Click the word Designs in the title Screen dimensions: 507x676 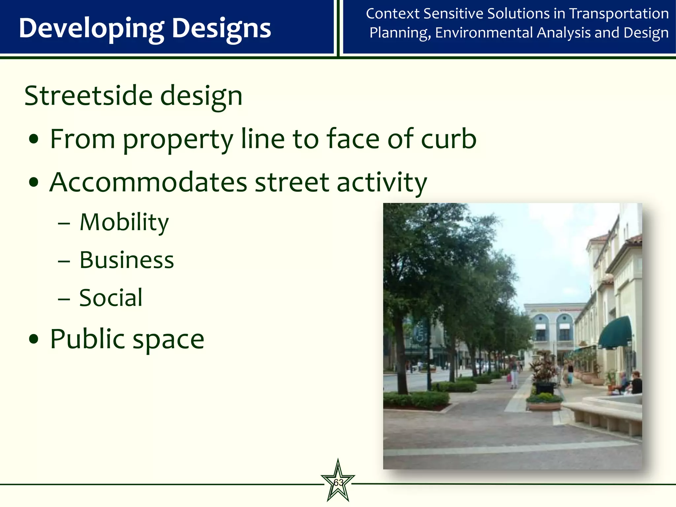click(x=221, y=29)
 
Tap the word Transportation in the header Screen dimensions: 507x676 click(x=619, y=14)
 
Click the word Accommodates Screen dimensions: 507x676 click(x=148, y=182)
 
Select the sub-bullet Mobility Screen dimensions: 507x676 click(x=124, y=222)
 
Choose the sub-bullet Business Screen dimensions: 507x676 click(x=126, y=260)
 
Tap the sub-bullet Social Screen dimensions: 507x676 click(x=111, y=298)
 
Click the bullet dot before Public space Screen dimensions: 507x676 click(x=34, y=339)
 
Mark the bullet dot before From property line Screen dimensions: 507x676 click(x=34, y=139)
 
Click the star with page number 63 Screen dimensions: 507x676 click(x=338, y=482)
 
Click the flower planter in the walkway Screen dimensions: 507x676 click(x=544, y=401)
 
